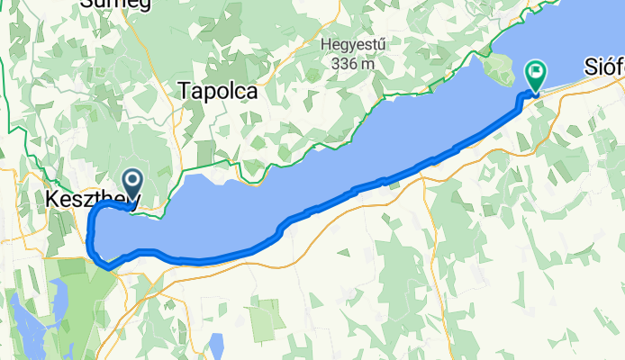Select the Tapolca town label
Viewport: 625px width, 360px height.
point(218,91)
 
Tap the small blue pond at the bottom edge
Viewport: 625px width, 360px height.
point(216,345)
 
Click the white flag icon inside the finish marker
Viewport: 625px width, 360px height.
point(538,69)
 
